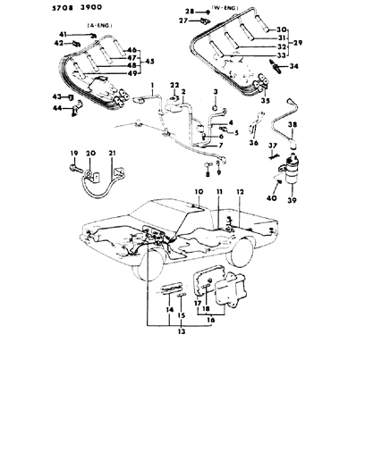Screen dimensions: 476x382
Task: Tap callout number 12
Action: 239,193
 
